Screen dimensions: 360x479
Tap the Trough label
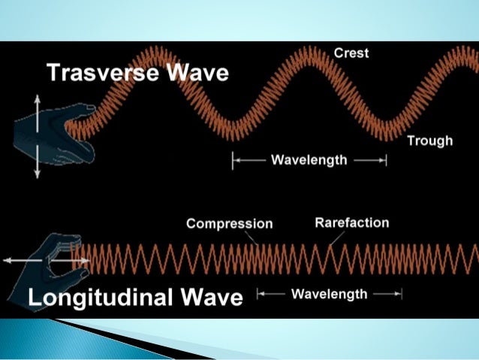point(429,141)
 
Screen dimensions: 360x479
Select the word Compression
point(229,224)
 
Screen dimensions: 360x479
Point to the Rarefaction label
point(351,222)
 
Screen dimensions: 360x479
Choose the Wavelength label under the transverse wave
point(309,160)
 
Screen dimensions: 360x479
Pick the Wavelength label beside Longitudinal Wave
point(329,294)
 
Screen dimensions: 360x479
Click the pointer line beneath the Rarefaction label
point(337,238)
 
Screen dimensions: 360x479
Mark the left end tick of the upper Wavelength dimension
point(233,160)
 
